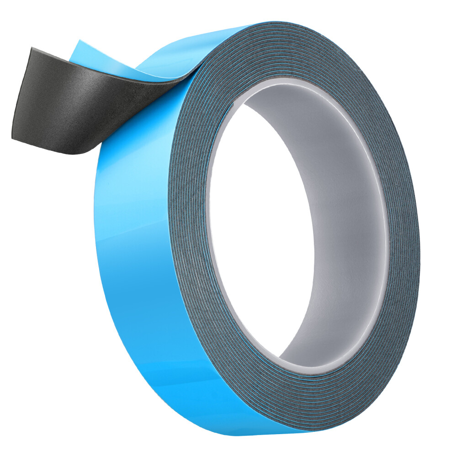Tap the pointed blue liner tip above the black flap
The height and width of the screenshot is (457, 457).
(x=78, y=43)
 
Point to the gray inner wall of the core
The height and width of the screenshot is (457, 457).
(x=347, y=219)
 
